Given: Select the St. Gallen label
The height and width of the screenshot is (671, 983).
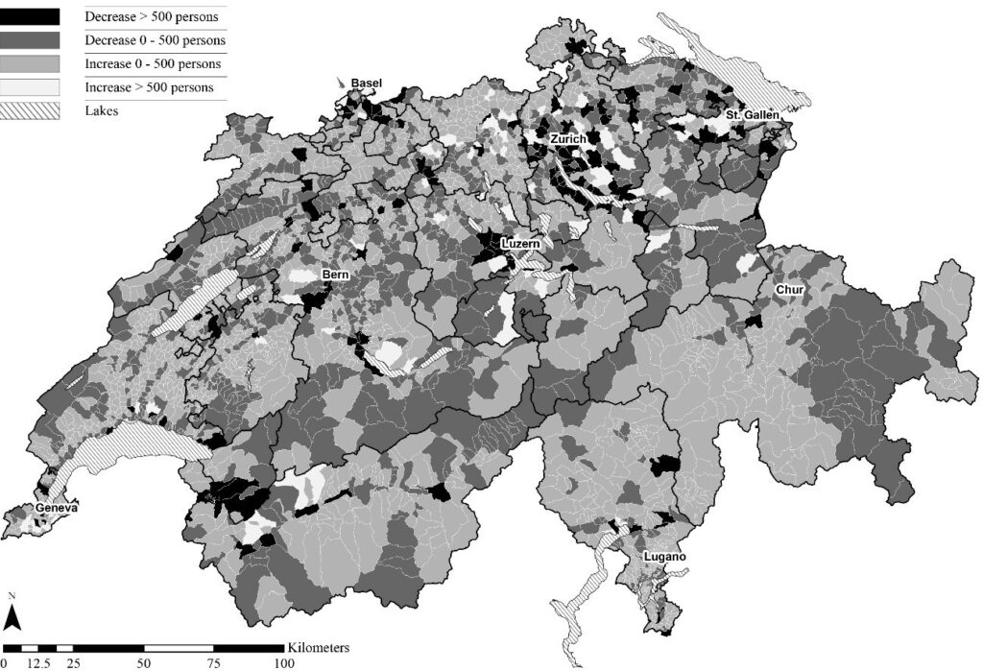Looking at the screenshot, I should click(751, 116).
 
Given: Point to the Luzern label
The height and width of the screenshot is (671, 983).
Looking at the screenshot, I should click(518, 245).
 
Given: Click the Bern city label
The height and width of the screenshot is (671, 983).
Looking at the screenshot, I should click(335, 275).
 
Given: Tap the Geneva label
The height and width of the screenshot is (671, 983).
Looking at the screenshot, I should click(57, 508).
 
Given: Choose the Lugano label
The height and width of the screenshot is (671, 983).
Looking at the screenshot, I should click(664, 558).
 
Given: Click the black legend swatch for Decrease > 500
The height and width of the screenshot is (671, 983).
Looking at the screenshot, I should click(32, 17).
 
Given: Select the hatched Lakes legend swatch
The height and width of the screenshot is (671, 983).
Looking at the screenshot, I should click(32, 109).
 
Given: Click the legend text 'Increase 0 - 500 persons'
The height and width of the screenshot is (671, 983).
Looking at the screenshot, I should click(153, 64).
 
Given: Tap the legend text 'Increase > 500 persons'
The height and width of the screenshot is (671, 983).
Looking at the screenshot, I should click(149, 87).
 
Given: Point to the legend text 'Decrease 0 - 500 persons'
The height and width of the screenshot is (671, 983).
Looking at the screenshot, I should click(155, 40).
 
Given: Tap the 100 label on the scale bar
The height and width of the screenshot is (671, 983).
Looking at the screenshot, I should click(284, 663).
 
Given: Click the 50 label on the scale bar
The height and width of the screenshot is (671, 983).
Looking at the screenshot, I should click(143, 663).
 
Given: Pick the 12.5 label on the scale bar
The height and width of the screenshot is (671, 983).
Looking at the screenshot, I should click(39, 663).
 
